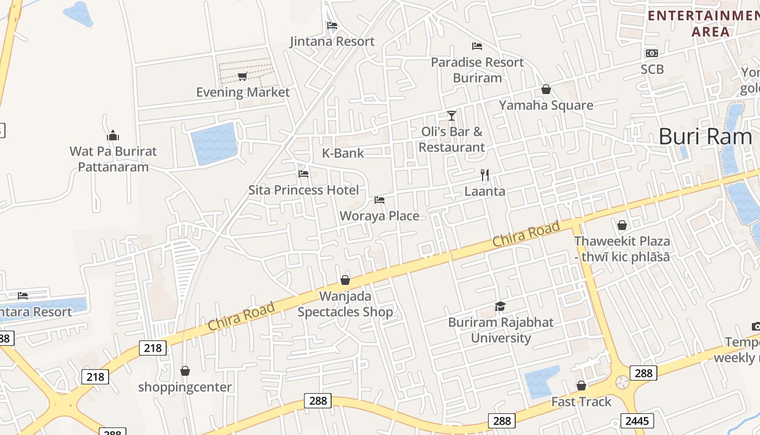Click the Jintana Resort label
pyautogui.click(x=332, y=41)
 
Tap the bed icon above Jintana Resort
pyautogui.click(x=332, y=25)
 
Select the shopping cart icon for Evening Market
pyautogui.click(x=243, y=76)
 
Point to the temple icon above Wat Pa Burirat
pyautogui.click(x=113, y=135)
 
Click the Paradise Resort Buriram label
pyautogui.click(x=477, y=70)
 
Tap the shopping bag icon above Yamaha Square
pyautogui.click(x=546, y=89)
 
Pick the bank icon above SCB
pyautogui.click(x=651, y=53)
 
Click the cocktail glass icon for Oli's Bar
pyautogui.click(x=451, y=115)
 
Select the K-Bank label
pyautogui.click(x=343, y=153)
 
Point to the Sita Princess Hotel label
pyautogui.click(x=303, y=190)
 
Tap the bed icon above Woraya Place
pyautogui.click(x=379, y=200)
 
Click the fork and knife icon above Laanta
pyautogui.click(x=485, y=175)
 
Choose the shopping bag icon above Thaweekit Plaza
pyautogui.click(x=622, y=225)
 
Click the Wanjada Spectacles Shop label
pyautogui.click(x=345, y=304)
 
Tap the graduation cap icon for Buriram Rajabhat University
pyautogui.click(x=500, y=307)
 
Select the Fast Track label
pyautogui.click(x=581, y=402)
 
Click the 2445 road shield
pyautogui.click(x=637, y=421)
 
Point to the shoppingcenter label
pyautogui.click(x=185, y=387)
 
